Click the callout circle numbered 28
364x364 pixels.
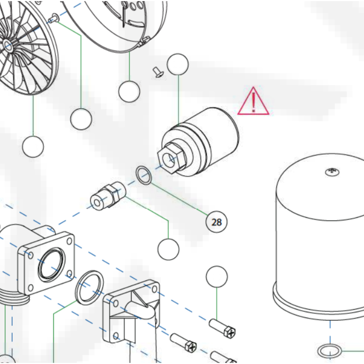tap(216, 222)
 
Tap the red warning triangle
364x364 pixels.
tap(253, 102)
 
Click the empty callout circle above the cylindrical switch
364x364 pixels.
tap(178, 64)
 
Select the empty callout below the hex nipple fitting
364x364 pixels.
tap(168, 250)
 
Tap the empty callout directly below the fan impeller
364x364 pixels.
tap(33, 147)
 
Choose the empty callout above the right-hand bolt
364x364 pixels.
tap(217, 277)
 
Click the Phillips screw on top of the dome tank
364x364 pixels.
tap(331, 171)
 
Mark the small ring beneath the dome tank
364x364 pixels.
tap(330, 351)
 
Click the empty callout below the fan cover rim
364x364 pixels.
tap(129, 91)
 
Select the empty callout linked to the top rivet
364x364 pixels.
tap(81, 119)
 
